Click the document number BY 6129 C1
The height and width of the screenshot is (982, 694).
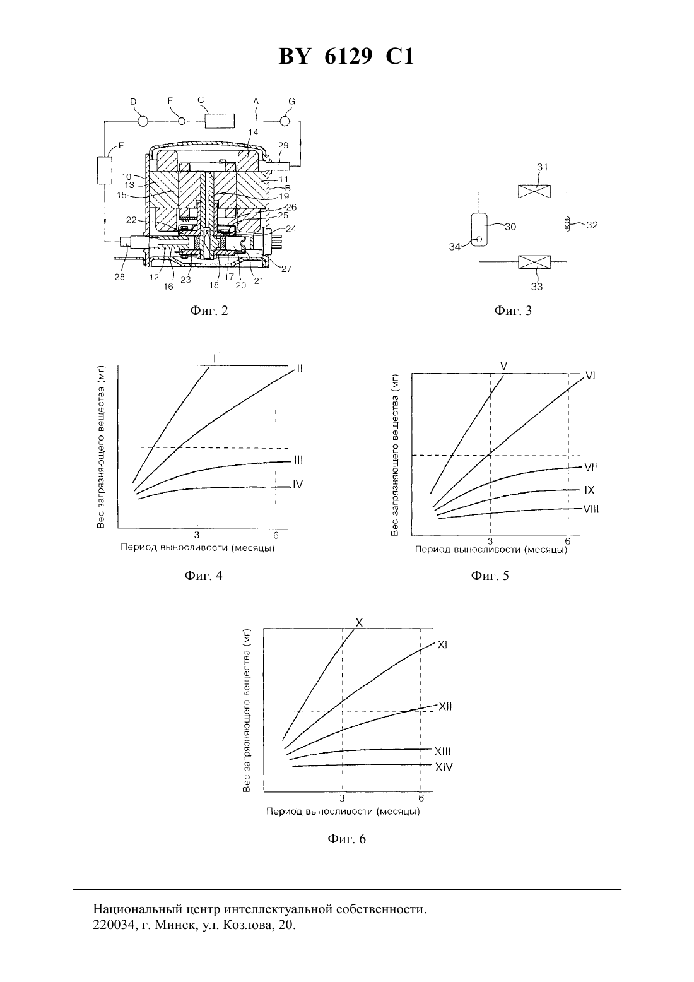pos(346,57)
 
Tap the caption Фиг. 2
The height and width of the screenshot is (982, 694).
pos(209,311)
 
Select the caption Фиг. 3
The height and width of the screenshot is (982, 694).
pos(512,311)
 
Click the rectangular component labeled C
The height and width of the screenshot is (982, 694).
pos(220,121)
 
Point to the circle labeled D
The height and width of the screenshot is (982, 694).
pos(143,121)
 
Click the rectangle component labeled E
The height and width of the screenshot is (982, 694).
pos(104,170)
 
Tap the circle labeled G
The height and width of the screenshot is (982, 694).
pos(286,121)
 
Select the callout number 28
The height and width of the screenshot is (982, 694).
pos(120,277)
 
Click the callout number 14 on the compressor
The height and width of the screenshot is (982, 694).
pos(253,132)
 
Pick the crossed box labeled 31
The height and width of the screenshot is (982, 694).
pos(534,192)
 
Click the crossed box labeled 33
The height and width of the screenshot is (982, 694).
pos(534,262)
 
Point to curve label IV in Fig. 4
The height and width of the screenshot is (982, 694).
pos(298,485)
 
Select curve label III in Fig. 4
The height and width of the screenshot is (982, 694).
pos(298,460)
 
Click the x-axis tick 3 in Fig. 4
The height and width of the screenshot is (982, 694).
pos(197,535)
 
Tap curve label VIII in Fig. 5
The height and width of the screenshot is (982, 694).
pos(591,509)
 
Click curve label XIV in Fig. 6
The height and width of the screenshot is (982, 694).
pos(444,767)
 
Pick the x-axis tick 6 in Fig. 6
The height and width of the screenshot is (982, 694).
pos(421,798)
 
